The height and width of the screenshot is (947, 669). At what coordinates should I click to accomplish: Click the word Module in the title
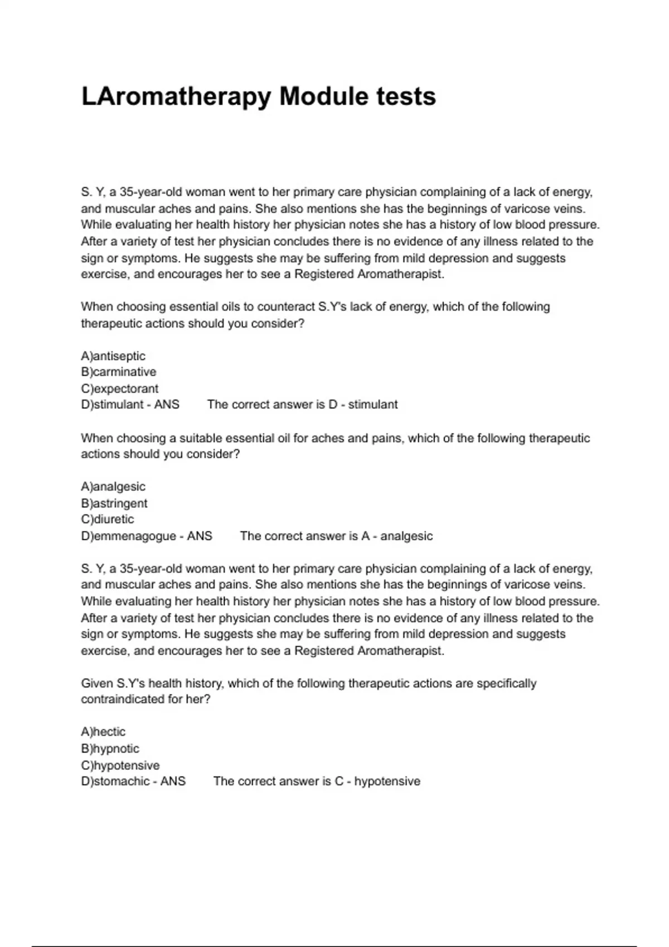pyautogui.click(x=324, y=96)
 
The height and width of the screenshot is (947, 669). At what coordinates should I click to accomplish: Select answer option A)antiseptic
pyautogui.click(x=113, y=356)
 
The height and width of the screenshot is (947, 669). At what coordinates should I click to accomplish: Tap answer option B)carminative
pyautogui.click(x=119, y=372)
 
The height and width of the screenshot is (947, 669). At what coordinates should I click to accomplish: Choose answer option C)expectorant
pyautogui.click(x=119, y=388)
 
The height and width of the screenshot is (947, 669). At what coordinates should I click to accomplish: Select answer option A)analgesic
pyautogui.click(x=113, y=486)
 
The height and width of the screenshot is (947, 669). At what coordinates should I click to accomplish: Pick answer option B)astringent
pyautogui.click(x=114, y=503)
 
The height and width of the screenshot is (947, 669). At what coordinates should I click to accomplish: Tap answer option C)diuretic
pyautogui.click(x=108, y=519)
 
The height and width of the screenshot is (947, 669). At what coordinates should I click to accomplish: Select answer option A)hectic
pyautogui.click(x=103, y=731)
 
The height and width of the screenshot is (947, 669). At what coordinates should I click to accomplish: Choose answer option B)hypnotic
pyautogui.click(x=110, y=748)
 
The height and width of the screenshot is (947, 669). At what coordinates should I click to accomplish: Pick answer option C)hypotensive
pyautogui.click(x=120, y=765)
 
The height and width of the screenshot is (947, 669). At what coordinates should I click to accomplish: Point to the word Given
pyautogui.click(x=97, y=684)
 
